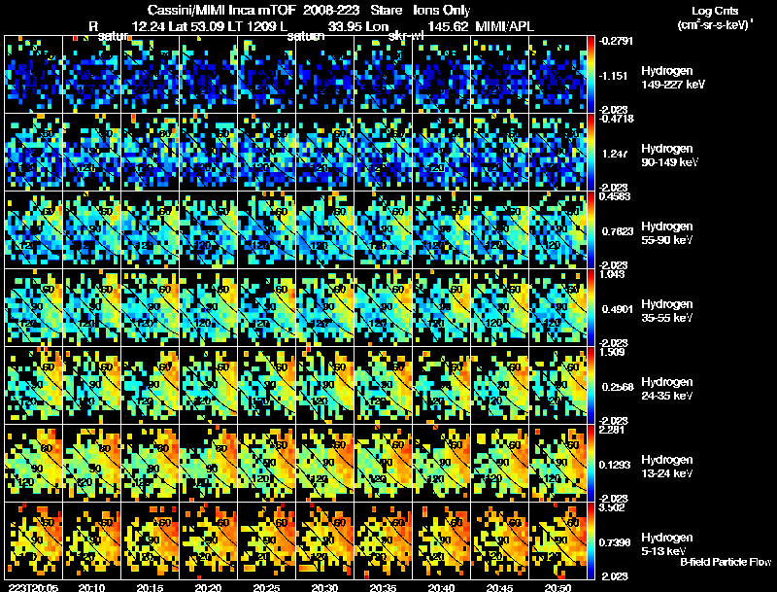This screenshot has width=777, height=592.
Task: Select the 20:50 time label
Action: coord(559,587)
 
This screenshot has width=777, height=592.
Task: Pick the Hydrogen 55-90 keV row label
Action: coord(668,233)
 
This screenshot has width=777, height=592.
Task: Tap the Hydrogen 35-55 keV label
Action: coord(668,311)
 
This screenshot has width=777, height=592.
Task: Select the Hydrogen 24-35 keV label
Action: coord(668,389)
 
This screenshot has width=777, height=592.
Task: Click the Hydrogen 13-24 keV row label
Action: coord(668,467)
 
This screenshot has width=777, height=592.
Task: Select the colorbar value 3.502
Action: coord(614,507)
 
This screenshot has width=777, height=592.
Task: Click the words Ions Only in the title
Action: coord(443,9)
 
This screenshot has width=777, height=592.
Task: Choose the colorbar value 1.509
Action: coord(613,352)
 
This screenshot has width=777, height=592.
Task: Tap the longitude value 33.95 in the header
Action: coord(345,27)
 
